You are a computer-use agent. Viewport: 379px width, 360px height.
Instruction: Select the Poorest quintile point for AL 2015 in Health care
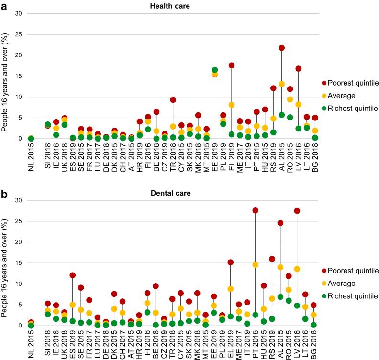282,48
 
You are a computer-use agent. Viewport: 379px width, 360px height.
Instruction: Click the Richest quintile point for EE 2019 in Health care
215,70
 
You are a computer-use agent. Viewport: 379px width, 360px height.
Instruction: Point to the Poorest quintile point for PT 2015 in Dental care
256,210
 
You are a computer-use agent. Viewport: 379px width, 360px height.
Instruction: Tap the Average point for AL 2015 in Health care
282,84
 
